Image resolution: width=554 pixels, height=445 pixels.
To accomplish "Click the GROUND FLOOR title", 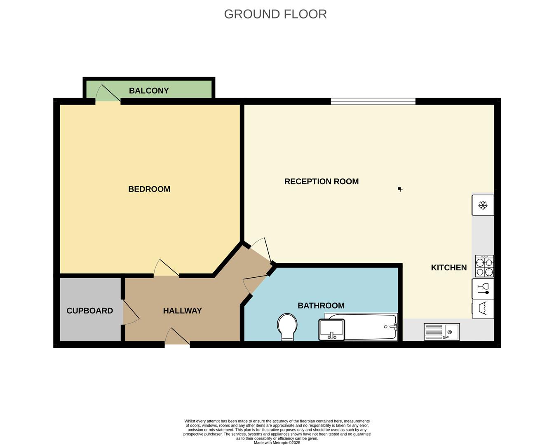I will (275, 14).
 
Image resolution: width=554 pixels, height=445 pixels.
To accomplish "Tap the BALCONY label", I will (149, 91).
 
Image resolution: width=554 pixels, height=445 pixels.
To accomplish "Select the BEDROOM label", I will (149, 189).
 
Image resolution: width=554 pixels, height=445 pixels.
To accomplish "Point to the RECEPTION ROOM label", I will (322, 181).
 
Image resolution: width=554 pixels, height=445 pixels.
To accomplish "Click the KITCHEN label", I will (448, 267).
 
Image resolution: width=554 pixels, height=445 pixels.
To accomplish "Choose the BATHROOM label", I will (321, 305).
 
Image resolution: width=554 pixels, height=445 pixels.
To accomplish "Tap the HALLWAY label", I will (182, 311).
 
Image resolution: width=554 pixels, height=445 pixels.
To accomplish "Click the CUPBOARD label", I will (89, 311).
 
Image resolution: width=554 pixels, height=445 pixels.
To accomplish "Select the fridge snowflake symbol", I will (483, 205).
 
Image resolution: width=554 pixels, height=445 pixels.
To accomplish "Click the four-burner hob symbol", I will (484, 266).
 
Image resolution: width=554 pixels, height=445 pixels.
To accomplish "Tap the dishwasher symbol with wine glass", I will (483, 288).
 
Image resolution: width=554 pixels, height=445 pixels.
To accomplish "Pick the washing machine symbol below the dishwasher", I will (483, 309).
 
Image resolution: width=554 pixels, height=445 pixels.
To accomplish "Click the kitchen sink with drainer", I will (442, 332).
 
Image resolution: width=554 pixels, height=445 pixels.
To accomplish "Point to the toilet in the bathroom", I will (288, 327).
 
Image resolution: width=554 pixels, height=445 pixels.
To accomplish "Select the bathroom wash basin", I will (331, 330).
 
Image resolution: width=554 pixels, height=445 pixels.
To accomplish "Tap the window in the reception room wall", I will (373, 101).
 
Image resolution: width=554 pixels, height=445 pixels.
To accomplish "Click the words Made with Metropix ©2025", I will (277, 443).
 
